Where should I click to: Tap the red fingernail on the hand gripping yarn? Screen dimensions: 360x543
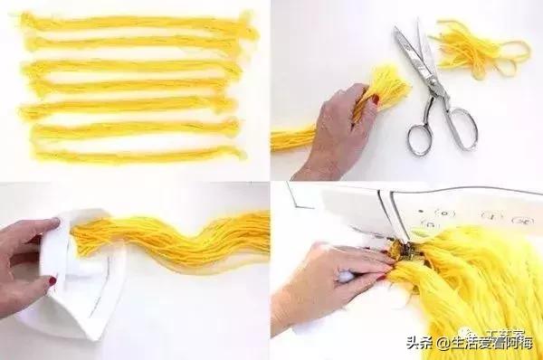coord(373,99)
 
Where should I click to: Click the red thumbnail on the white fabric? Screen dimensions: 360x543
coord(52,282)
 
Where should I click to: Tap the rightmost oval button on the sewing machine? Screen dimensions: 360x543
coord(522,220)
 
